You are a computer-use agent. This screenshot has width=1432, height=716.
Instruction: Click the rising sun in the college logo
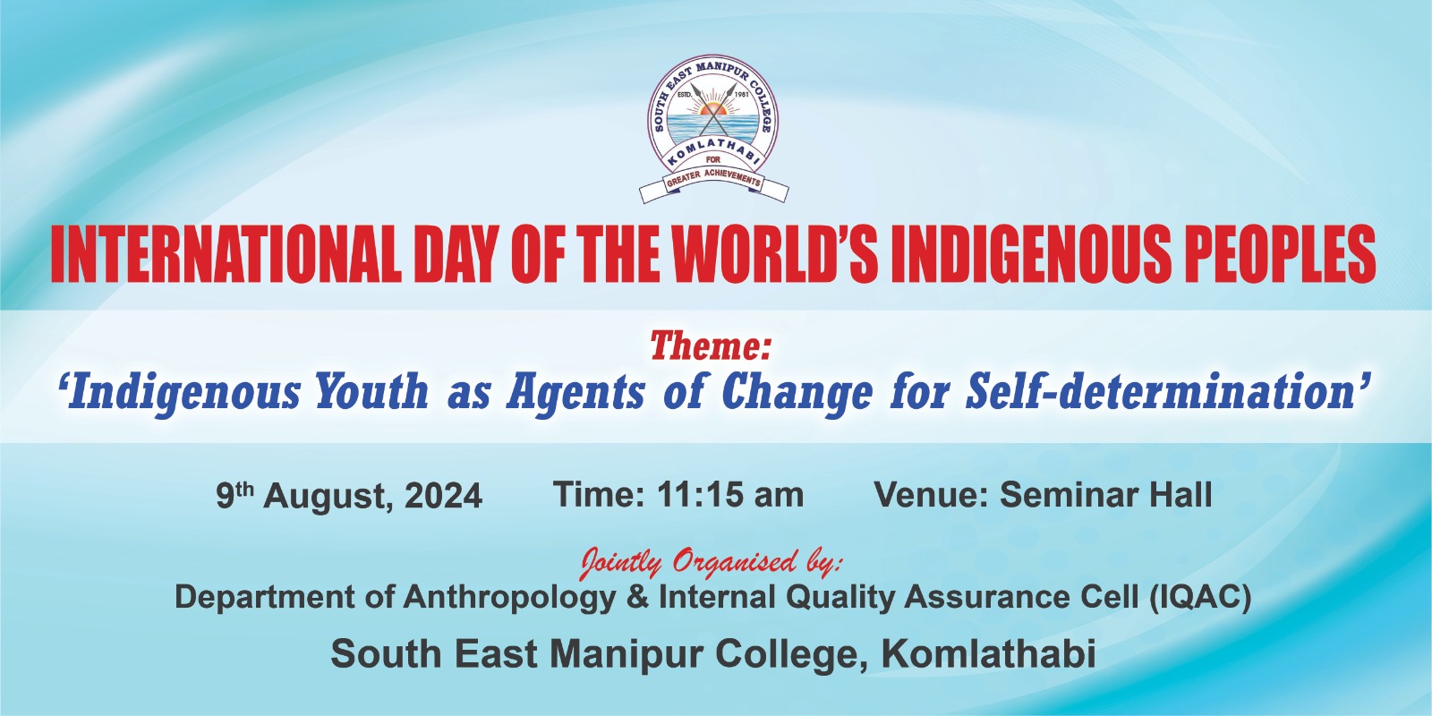(713, 110)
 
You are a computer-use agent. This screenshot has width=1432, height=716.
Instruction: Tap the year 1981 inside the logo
(742, 95)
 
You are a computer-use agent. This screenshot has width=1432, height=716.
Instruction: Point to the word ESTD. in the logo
(685, 95)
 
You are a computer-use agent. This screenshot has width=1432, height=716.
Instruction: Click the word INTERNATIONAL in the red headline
(226, 254)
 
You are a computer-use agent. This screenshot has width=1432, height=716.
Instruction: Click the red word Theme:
(711, 346)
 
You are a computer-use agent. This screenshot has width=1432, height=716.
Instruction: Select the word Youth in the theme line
(372, 391)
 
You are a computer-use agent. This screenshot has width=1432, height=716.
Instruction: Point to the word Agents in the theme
(576, 393)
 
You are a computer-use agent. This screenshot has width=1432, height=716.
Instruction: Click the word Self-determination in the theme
(1161, 391)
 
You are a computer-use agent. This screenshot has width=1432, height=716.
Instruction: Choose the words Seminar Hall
(1106, 495)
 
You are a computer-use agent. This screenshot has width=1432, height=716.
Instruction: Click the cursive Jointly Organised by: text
(711, 563)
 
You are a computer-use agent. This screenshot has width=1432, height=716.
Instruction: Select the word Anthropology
(509, 597)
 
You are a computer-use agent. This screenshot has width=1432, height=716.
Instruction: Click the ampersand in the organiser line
(637, 597)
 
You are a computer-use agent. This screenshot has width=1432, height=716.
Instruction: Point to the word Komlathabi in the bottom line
(988, 654)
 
